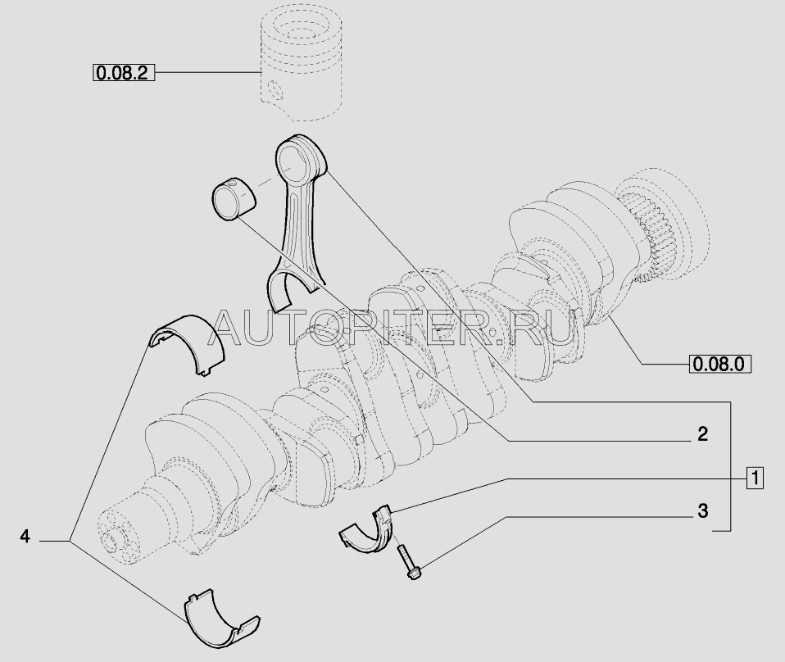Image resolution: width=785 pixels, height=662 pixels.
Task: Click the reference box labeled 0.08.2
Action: pyautogui.click(x=124, y=73)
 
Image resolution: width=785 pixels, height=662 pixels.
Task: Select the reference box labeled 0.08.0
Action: pyautogui.click(x=720, y=364)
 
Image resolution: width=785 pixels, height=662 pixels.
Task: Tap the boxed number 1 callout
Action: pyautogui.click(x=755, y=478)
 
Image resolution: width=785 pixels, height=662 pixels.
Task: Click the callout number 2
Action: pyautogui.click(x=703, y=433)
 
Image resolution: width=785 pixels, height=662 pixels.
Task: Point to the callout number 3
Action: pyautogui.click(x=703, y=510)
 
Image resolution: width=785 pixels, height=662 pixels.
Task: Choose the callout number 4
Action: pyautogui.click(x=25, y=537)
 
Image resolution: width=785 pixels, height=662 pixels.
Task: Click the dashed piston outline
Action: pyautogui.click(x=302, y=65)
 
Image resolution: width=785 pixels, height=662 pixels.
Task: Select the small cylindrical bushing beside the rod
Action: pyautogui.click(x=234, y=199)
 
